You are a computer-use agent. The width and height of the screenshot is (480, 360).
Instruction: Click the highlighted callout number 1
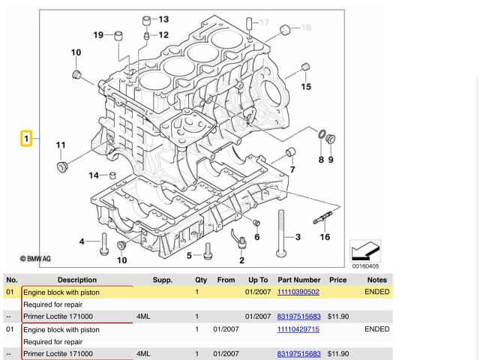[26, 139]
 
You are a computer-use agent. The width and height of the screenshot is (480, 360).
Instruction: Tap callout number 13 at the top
[163, 19]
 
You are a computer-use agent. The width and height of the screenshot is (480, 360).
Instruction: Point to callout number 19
[98, 34]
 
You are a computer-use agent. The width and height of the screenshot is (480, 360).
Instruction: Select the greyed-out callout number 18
[305, 28]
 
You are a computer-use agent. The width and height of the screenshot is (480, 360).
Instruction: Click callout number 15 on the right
[306, 87]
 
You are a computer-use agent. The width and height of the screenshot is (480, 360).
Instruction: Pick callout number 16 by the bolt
[325, 237]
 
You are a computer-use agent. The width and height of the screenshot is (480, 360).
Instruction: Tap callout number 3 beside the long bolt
[298, 238]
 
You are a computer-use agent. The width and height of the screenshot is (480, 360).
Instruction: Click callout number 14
[94, 175]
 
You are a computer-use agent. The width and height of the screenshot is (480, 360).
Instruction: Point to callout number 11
[61, 145]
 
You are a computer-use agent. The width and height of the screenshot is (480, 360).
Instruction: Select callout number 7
[292, 169]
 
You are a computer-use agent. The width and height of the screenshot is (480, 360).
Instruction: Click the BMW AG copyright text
[35, 259]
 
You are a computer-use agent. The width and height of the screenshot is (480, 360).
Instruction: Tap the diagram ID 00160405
[365, 265]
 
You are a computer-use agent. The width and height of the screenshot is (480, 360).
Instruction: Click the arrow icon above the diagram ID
[365, 250]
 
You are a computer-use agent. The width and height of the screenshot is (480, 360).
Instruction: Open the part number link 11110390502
[298, 292]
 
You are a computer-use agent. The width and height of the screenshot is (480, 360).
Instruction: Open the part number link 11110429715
[298, 329]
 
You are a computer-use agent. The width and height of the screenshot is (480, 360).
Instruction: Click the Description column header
[76, 280]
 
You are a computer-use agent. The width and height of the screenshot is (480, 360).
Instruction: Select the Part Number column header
[298, 280]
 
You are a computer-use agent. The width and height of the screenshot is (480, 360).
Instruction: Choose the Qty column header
[200, 280]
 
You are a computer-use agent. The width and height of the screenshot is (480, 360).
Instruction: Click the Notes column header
[376, 280]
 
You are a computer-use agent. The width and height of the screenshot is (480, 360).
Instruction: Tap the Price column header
[337, 280]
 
